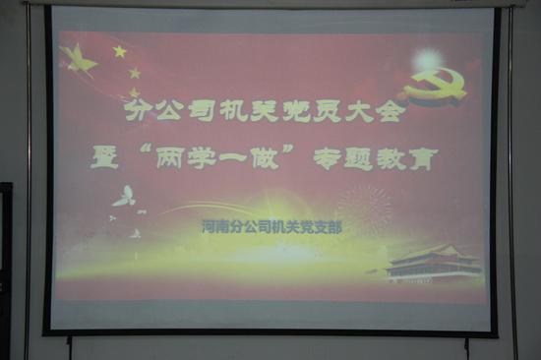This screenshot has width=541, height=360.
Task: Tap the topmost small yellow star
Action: [119, 50]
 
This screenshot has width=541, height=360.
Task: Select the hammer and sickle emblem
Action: [435, 87]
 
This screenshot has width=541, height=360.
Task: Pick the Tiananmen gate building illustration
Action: [434, 262]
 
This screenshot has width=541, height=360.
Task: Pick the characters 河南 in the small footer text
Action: [213, 227]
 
